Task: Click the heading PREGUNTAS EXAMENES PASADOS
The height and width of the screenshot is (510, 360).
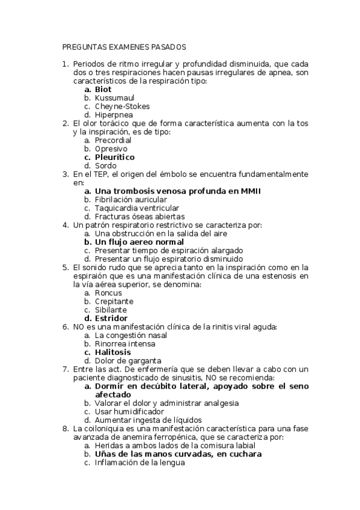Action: tap(124, 46)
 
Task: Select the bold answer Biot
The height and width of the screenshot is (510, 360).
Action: tap(103, 89)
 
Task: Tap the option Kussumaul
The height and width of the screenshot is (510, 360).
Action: tap(115, 97)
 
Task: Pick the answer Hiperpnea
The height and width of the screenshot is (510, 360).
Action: tap(114, 115)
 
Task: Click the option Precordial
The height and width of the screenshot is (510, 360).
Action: tap(113, 140)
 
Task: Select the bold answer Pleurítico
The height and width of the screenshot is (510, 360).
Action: tap(115, 157)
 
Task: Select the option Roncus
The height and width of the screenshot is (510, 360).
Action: tap(108, 293)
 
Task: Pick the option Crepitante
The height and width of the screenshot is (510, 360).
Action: tap(114, 301)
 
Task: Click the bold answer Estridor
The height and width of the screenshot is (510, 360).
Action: tap(111, 318)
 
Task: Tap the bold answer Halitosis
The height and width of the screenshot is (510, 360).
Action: tap(113, 352)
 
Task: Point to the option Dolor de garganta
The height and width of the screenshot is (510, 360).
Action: tap(127, 360)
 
